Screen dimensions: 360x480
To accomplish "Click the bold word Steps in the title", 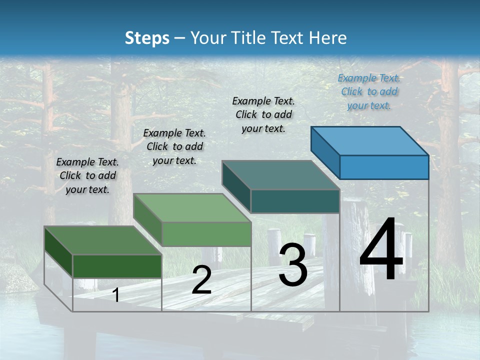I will coord(147,38).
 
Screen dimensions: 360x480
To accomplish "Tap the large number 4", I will coord(381,250).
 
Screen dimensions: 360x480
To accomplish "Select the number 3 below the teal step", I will coord(293,265).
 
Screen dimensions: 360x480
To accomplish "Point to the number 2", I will coord(201,280).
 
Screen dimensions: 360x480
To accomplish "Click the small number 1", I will coord(116,295).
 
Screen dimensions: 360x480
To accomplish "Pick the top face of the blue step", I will coord(369,141).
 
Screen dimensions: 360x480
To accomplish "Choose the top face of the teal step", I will coord(280,175).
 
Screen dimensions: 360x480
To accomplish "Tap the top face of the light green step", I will coord(192,208).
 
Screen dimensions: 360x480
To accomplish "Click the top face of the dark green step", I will coord(103,240).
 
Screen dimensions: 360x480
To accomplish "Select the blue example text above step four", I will coord(369,91).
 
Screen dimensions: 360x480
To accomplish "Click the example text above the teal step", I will coord(263,114).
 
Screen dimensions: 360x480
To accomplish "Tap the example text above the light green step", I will coord(174,146).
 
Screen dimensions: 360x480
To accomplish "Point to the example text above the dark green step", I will coord(87,175).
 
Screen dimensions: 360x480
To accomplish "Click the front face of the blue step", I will coord(384,167).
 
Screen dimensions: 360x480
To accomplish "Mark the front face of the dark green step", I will coord(117,266).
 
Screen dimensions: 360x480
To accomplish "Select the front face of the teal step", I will coord(295,201).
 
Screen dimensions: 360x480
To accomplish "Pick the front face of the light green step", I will coord(206,234).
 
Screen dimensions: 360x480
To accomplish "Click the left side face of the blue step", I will coord(325,152).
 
